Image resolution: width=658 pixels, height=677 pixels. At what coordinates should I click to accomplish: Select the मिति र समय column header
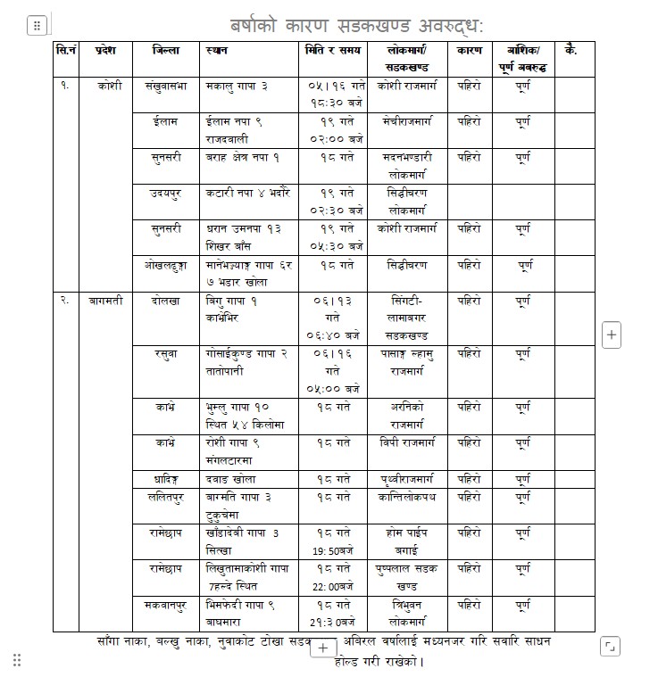click(332, 51)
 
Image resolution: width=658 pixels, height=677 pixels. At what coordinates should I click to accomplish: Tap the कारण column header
click(470, 51)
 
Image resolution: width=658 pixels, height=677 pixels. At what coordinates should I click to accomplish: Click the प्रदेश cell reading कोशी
click(111, 86)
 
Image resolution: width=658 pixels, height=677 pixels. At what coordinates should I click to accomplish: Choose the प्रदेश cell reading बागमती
click(111, 301)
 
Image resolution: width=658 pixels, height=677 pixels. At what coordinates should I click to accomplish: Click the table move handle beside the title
click(37, 26)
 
